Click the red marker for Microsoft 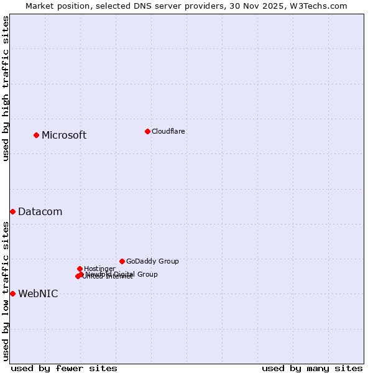[x=37, y=135]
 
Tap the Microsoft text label [x=64, y=136]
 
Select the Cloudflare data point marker [x=147, y=131]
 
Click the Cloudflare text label [x=168, y=131]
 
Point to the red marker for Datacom [x=12, y=212]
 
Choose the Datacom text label [x=40, y=212]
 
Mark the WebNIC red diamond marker [x=12, y=293]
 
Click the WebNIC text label [x=38, y=294]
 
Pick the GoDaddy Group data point [x=122, y=261]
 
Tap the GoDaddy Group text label [x=152, y=261]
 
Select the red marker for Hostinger [x=80, y=269]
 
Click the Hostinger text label [x=99, y=269]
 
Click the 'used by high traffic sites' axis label [x=6, y=88]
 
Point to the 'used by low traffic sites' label [x=6, y=291]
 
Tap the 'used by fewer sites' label [x=64, y=368]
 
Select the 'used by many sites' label [x=312, y=368]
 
